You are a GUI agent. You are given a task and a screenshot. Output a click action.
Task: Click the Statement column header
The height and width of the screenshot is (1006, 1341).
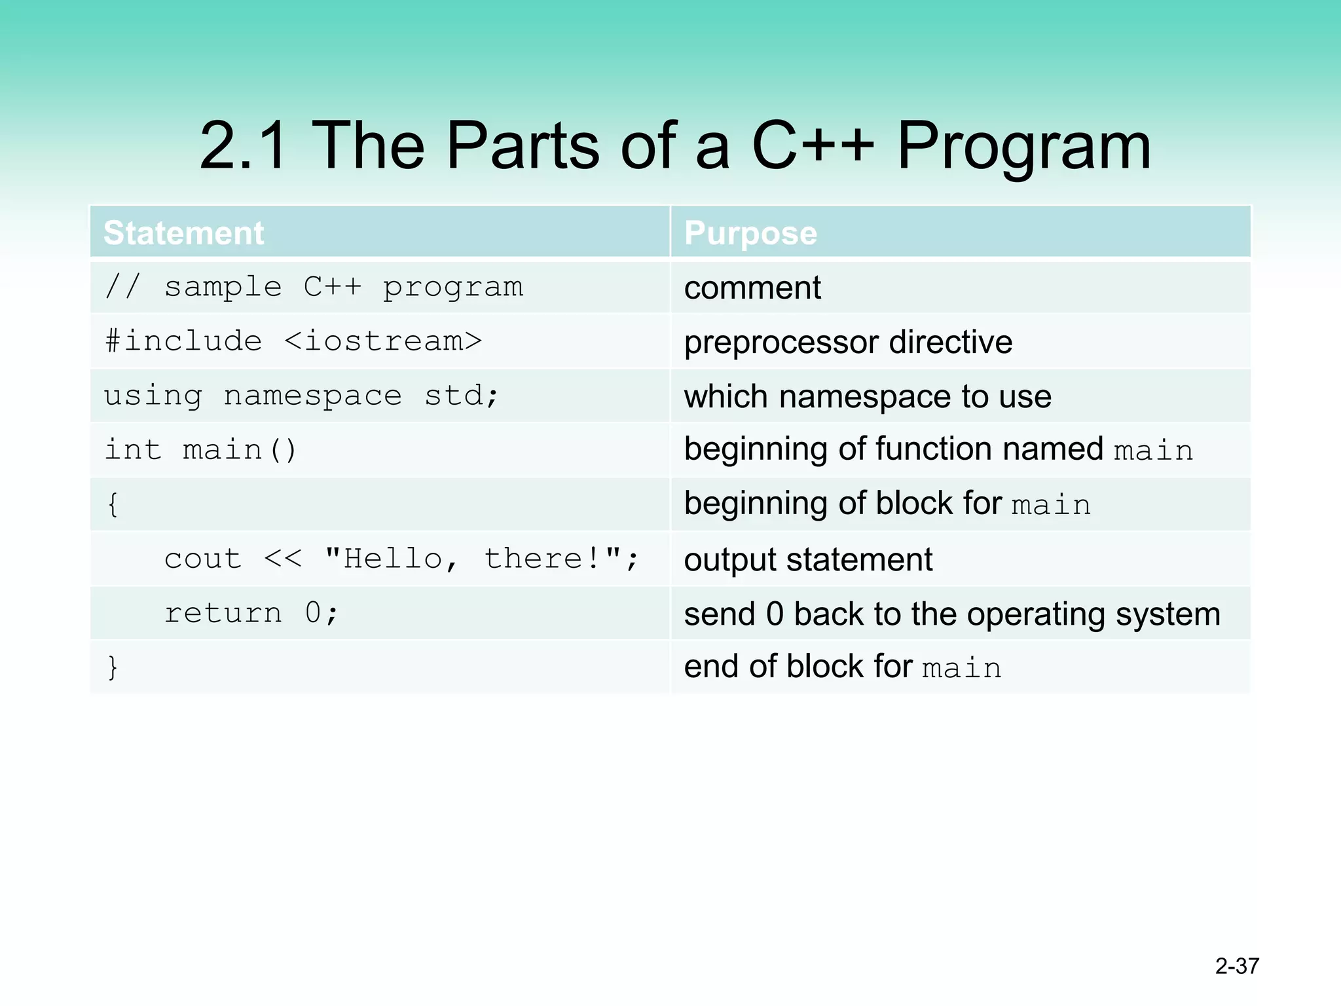click(x=184, y=233)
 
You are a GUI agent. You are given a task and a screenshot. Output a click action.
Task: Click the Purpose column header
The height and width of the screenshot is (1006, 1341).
click(x=750, y=233)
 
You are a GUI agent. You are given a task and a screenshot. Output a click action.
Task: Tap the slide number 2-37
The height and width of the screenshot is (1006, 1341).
click(x=1237, y=966)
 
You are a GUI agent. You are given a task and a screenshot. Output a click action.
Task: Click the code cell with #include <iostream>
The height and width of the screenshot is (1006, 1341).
click(x=293, y=341)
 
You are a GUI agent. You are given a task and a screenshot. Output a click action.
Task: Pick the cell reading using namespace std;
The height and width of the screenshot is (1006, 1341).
click(x=301, y=396)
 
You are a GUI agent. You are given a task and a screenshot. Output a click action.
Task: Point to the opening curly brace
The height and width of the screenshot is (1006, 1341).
click(x=113, y=504)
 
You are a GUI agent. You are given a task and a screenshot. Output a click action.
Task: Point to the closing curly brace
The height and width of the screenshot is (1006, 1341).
click(x=113, y=667)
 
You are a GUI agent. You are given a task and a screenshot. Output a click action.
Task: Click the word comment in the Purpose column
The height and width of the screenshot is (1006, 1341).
click(x=752, y=288)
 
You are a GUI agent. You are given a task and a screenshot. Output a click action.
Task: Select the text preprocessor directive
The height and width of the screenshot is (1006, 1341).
click(x=848, y=343)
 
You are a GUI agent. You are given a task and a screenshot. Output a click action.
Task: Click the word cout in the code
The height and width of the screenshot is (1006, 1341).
click(x=202, y=559)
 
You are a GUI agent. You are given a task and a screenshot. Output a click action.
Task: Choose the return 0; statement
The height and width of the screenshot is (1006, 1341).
click(x=251, y=613)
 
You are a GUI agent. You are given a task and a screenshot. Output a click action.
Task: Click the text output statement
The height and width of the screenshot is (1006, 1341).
click(x=808, y=560)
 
